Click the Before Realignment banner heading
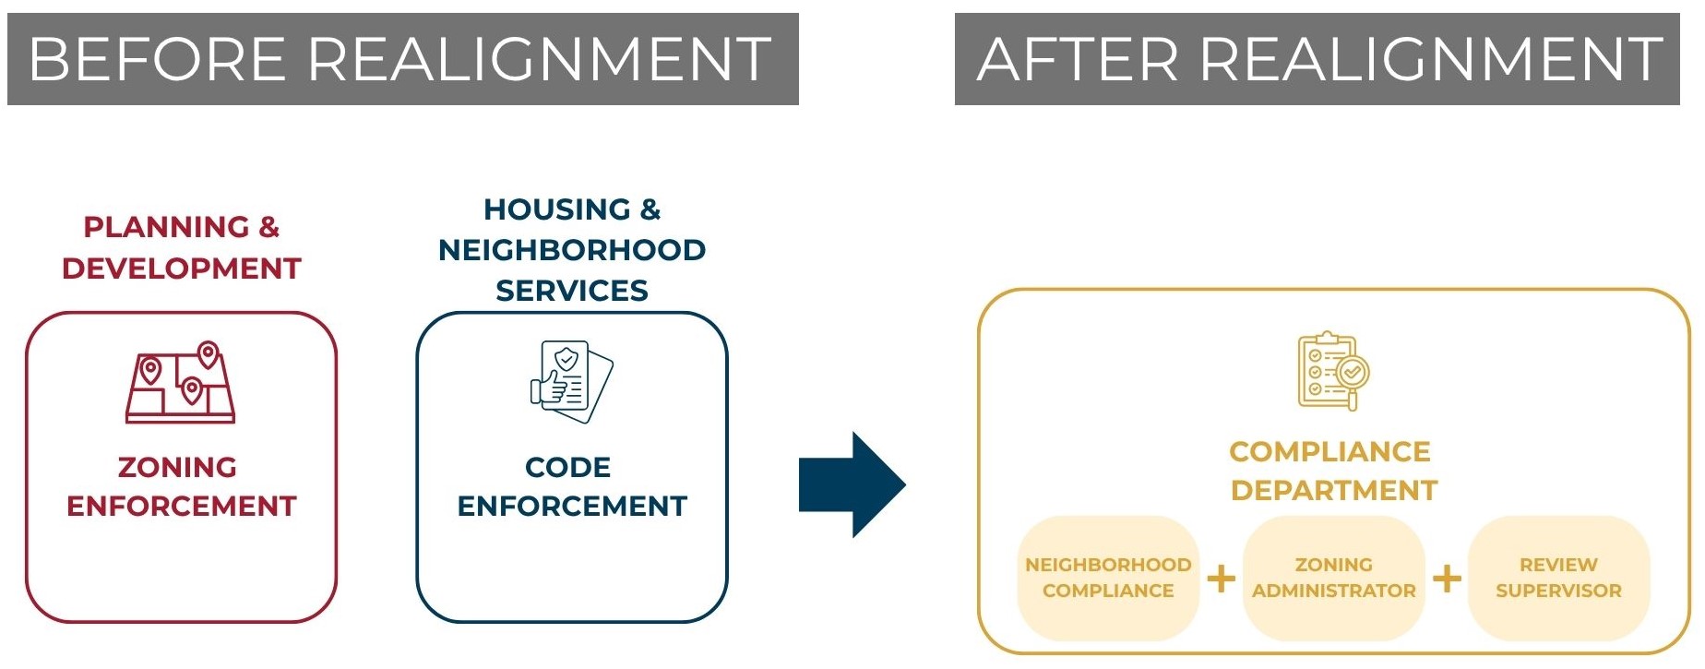coord(402,59)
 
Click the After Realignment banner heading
coord(1317,59)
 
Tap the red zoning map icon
coord(181,382)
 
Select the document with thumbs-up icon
coord(572,381)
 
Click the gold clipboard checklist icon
coord(1333,371)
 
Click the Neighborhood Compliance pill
coord(1108,578)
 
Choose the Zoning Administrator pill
coord(1334,578)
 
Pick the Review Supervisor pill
coord(1558,578)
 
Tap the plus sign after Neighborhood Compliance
coord(1222,579)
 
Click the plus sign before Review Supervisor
coord(1447,579)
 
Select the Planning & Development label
coord(182,247)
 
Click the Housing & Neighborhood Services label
coord(572,249)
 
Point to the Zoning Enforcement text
coord(182,486)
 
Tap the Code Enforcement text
coord(572,486)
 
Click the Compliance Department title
coord(1333,471)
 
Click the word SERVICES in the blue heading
coord(572,291)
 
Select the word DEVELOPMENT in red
coord(182,269)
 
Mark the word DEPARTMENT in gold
coord(1334,490)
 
